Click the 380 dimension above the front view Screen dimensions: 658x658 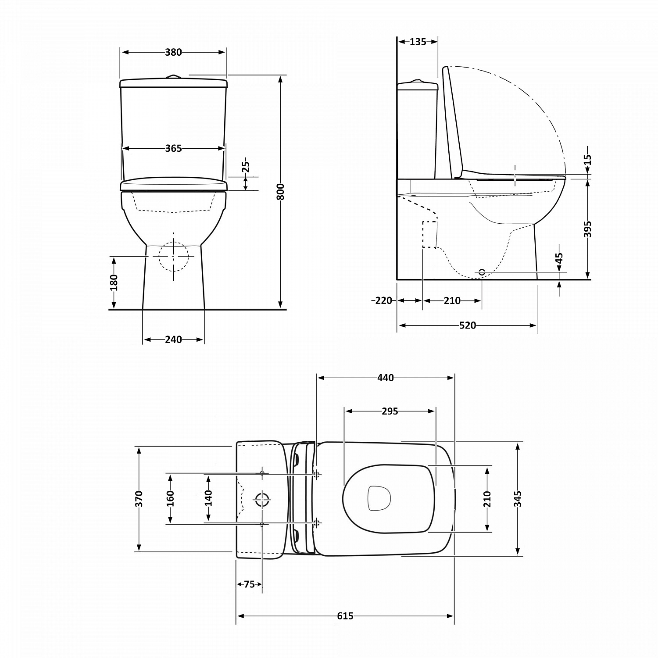coord(173,52)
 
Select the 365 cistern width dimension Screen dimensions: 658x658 coord(173,149)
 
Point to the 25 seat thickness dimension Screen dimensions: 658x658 coord(246,167)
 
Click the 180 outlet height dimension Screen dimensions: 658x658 coord(114,283)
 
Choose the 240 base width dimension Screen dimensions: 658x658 coord(173,340)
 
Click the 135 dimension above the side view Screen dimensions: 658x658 coord(418,42)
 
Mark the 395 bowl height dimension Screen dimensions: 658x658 coord(588,229)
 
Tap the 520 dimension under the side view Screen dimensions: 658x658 coord(467,325)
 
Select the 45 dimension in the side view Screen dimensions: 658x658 coord(559,259)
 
